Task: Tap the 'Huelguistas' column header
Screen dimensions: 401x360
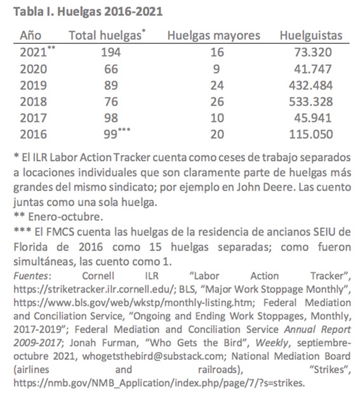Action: pos(310,36)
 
